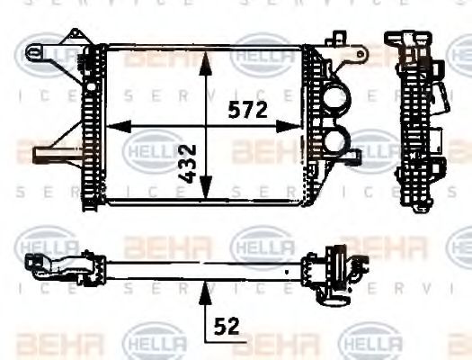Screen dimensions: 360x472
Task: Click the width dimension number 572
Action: coord(246,111)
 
